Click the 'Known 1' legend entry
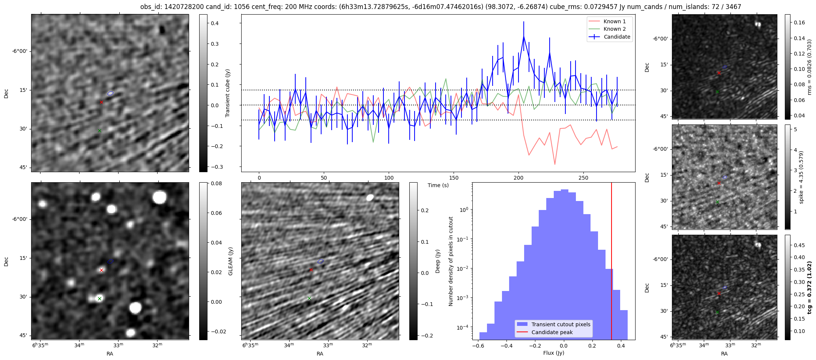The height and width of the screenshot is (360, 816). (614, 21)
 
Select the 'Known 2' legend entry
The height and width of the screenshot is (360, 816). (614, 29)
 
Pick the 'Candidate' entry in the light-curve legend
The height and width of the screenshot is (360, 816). (617, 37)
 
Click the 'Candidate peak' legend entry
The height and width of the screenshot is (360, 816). (552, 332)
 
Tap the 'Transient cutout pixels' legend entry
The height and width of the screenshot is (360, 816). (561, 324)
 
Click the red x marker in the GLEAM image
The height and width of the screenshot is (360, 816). (101, 270)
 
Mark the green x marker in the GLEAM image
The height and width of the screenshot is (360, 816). (99, 299)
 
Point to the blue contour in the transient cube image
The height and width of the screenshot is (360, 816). (110, 93)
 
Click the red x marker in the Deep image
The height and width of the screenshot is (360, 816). (311, 270)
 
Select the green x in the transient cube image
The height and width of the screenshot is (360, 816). (99, 130)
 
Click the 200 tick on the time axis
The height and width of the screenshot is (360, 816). (518, 178)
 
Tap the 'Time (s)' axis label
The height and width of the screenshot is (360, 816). (438, 185)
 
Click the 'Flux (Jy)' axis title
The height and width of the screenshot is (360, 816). (553, 353)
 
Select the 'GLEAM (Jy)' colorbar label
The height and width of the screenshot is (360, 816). (230, 261)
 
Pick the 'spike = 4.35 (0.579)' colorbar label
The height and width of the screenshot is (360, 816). (801, 177)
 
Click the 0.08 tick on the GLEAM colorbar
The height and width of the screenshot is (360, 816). (216, 184)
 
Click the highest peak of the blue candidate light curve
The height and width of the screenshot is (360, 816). (523, 36)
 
